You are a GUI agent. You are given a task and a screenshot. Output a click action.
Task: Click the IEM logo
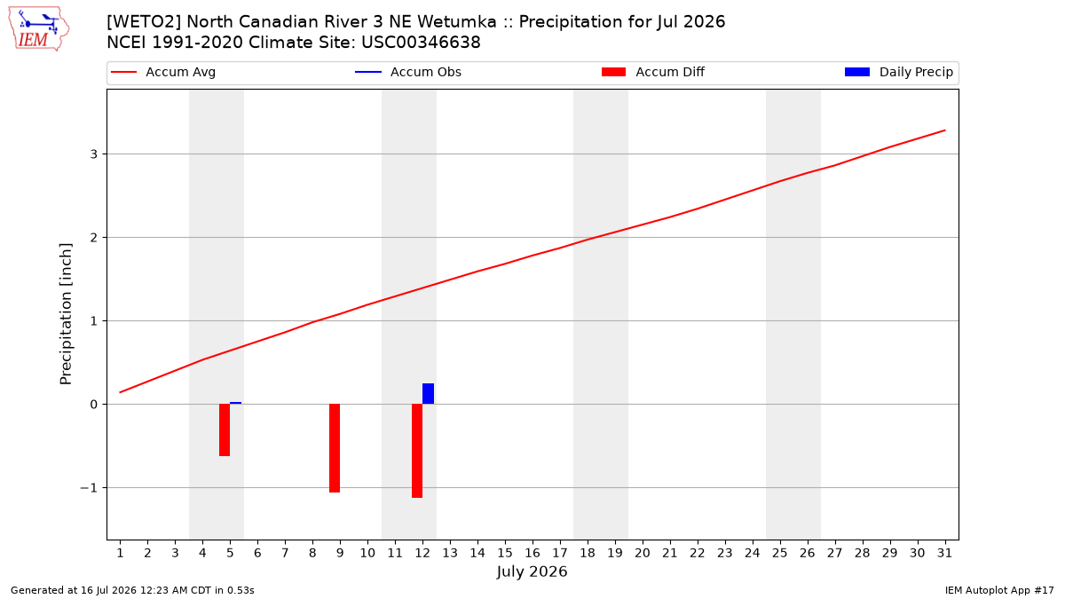pyautogui.click(x=38, y=29)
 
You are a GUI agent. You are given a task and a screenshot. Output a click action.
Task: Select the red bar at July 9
pyautogui.click(x=335, y=448)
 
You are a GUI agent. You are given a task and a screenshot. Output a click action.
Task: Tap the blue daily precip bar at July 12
pyautogui.click(x=428, y=394)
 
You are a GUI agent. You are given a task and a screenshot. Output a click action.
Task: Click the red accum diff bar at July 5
pyautogui.click(x=225, y=430)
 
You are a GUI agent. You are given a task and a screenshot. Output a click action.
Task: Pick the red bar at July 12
pyautogui.click(x=417, y=451)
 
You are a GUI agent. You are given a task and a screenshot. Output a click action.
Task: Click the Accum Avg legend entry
pyautogui.click(x=163, y=72)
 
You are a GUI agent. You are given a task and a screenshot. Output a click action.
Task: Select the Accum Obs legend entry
pyautogui.click(x=408, y=72)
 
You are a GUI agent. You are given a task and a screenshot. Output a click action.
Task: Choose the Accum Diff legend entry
pyautogui.click(x=653, y=72)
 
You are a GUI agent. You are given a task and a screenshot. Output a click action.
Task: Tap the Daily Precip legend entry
pyautogui.click(x=898, y=72)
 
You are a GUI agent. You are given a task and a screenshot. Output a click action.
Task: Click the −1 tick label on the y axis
pyautogui.click(x=89, y=488)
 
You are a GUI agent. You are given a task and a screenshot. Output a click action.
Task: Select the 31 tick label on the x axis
pyautogui.click(x=944, y=553)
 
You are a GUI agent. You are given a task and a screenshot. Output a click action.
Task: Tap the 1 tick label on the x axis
pyautogui.click(x=121, y=553)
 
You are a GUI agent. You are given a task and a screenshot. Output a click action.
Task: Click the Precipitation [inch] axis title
pyautogui.click(x=66, y=314)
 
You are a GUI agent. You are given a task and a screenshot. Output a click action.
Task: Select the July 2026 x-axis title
pyautogui.click(x=532, y=571)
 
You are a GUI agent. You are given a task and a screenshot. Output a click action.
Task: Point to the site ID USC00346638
pyautogui.click(x=421, y=43)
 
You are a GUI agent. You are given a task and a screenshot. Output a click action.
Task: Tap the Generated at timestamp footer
pyautogui.click(x=132, y=590)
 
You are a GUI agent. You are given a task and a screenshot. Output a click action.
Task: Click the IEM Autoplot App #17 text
pyautogui.click(x=999, y=590)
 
